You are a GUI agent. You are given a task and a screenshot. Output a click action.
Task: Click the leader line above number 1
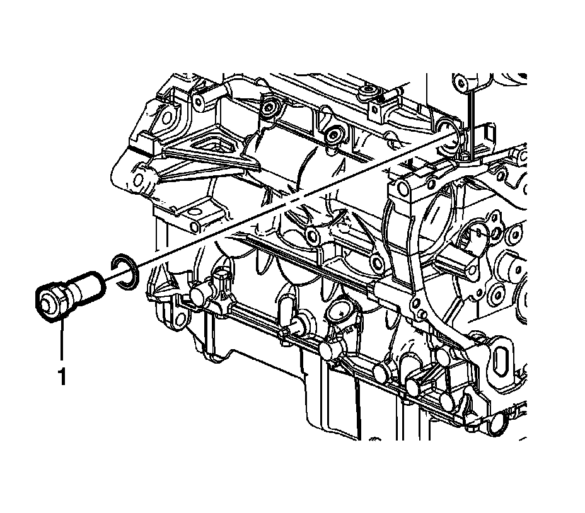coord(62,340)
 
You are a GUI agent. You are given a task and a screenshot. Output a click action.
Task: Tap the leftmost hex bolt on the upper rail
coord(269,108)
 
